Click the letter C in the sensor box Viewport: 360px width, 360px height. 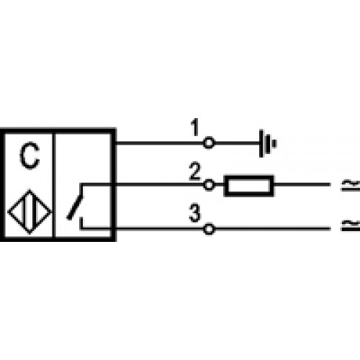(x=30, y=156)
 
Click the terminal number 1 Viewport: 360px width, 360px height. (x=194, y=127)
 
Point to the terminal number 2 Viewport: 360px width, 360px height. (x=194, y=171)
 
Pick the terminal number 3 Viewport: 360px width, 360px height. (x=194, y=213)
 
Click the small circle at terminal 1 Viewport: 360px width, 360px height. (x=209, y=143)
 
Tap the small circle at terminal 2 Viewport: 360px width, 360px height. (x=209, y=185)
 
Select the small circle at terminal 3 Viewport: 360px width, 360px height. (x=209, y=229)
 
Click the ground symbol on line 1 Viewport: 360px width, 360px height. (x=268, y=143)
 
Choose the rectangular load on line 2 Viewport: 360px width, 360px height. (x=248, y=186)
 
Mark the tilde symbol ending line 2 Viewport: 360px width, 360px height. (x=351, y=185)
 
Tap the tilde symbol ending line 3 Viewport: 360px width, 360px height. (x=351, y=225)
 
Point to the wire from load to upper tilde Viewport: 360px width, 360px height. (x=302, y=184)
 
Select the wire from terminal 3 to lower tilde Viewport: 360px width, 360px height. (x=272, y=229)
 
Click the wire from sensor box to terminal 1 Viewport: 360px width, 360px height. (x=160, y=143)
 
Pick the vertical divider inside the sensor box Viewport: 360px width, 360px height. (x=54, y=185)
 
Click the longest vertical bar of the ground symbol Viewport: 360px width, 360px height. (x=261, y=143)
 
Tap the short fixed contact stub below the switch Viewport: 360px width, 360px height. (x=81, y=223)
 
